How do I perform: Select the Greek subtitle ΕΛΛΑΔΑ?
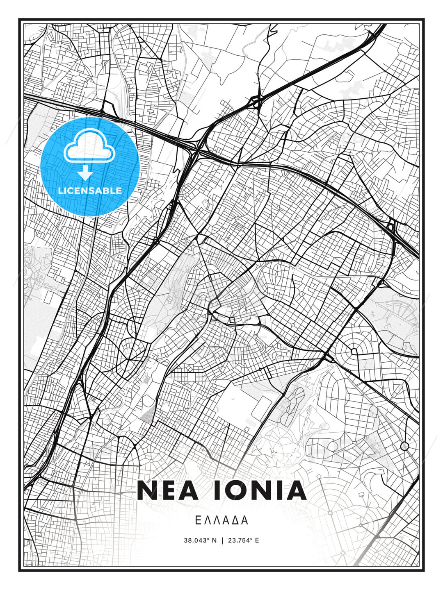pos(221,520)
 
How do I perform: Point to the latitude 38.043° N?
pos(200,540)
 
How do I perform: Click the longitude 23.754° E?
pos(243,540)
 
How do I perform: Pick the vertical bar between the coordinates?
pos(222,540)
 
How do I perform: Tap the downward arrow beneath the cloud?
pos(85,172)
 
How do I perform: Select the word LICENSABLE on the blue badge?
pos(90,191)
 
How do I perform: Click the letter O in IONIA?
pos(236,490)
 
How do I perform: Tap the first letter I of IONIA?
pos(217,490)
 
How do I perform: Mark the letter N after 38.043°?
pos(214,540)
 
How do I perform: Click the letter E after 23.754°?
pos(257,540)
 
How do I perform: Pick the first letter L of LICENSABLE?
pos(60,191)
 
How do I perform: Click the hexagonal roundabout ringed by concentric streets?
pos(354,351)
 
